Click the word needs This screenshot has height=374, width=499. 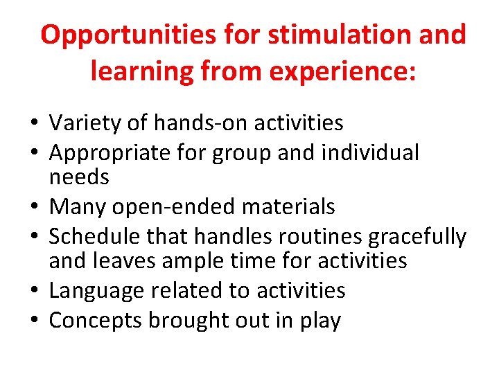click(x=79, y=177)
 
